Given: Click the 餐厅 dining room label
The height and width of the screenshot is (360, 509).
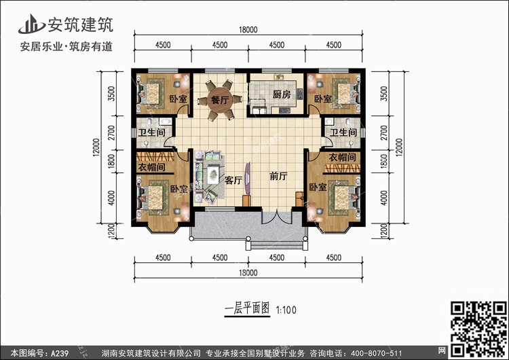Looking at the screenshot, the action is pyautogui.click(x=220, y=100).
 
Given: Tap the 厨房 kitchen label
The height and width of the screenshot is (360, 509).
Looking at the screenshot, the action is pyautogui.click(x=282, y=94).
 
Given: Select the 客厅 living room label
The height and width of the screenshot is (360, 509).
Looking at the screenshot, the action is pyautogui.click(x=233, y=180).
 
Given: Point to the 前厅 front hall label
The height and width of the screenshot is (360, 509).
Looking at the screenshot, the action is pyautogui.click(x=278, y=176).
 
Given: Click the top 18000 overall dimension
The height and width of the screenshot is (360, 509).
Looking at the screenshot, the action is pyautogui.click(x=248, y=30).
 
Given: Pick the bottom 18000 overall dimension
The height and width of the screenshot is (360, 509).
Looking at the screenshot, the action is pyautogui.click(x=248, y=273).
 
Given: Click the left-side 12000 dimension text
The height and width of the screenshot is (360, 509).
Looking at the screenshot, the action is pyautogui.click(x=96, y=147).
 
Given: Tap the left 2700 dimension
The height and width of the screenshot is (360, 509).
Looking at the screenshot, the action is pyautogui.click(x=111, y=133).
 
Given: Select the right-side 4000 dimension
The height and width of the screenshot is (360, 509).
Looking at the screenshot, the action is pyautogui.click(x=383, y=198).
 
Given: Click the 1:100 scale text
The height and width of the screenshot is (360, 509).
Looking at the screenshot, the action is pyautogui.click(x=286, y=310).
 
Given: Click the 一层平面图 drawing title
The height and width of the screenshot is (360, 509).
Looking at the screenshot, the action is pyautogui.click(x=247, y=308).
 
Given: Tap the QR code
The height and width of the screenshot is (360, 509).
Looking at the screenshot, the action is pyautogui.click(x=479, y=329).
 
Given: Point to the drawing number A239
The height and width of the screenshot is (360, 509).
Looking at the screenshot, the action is pyautogui.click(x=60, y=353).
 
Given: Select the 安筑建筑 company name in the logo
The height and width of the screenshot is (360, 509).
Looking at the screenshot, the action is pyautogui.click(x=81, y=24).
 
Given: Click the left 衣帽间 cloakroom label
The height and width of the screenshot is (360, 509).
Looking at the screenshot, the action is pyautogui.click(x=151, y=167).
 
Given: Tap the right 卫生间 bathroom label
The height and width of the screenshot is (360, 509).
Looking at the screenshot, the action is pyautogui.click(x=343, y=132).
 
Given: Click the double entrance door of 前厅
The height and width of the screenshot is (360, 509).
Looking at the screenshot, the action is pyautogui.click(x=277, y=217).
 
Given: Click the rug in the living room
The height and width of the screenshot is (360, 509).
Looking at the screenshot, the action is pyautogui.click(x=210, y=177).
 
